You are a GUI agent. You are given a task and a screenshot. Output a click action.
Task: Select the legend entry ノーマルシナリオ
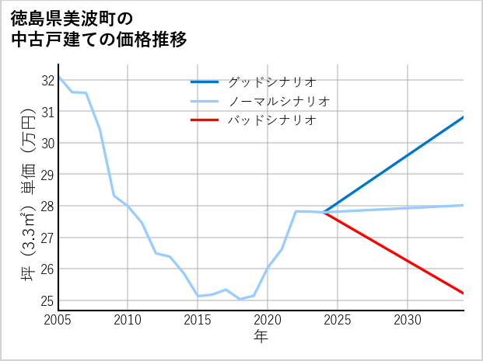click(279, 101)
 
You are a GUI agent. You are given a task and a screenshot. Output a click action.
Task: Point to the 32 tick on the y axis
click(47, 80)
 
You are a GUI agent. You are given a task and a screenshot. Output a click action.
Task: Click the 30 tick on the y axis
click(47, 143)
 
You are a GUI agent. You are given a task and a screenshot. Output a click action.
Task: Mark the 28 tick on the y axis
click(47, 207)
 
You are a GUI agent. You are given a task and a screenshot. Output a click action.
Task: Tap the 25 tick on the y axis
click(47, 300)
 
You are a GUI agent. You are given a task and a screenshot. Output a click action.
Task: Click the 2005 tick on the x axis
click(58, 319)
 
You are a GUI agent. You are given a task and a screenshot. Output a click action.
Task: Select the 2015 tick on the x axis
click(198, 319)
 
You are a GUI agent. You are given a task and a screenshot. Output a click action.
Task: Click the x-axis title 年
click(261, 336)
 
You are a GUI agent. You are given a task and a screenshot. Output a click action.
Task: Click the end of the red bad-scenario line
click(464, 293)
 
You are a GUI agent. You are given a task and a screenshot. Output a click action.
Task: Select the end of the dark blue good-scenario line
click(464, 117)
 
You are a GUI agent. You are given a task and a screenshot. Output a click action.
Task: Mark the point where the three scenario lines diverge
click(324, 212)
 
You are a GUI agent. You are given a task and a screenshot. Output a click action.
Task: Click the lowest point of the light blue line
click(240, 299)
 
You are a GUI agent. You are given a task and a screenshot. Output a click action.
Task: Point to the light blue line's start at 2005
click(59, 77)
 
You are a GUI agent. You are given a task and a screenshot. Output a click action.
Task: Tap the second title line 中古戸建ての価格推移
click(99, 40)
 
